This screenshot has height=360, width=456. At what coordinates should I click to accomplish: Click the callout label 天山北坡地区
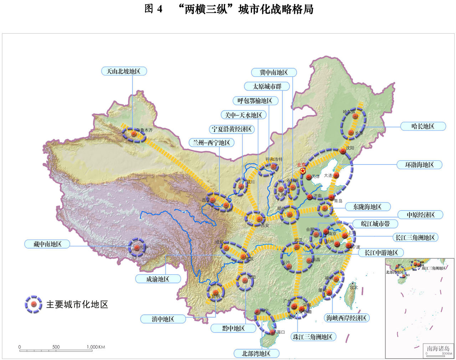pos(123,71)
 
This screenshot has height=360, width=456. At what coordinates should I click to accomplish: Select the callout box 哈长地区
pos(423,126)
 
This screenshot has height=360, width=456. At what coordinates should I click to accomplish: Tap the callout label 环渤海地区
pos(419,165)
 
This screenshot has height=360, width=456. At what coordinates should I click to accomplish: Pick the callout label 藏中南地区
pos(47,244)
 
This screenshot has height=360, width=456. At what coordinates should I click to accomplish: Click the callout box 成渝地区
pos(158,279)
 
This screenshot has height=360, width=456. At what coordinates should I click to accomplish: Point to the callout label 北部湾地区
pos(256,354)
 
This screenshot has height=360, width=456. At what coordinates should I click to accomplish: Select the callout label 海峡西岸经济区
pos(346,318)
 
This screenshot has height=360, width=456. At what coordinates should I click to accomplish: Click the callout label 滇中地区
pos(163,319)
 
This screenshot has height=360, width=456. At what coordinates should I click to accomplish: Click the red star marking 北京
pos(303,171)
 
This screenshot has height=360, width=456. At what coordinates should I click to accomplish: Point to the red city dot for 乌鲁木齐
pos(134,133)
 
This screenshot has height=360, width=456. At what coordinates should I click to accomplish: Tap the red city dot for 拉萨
pos(137,247)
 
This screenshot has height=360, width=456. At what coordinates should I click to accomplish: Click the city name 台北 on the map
pos(353,287)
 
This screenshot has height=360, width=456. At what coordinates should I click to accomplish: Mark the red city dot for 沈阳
pos(343,151)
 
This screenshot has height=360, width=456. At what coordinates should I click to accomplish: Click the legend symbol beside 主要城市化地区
pos(34,304)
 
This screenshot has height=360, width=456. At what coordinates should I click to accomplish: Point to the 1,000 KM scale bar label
pos(96,347)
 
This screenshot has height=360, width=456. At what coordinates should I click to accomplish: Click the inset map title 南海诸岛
pos(438,349)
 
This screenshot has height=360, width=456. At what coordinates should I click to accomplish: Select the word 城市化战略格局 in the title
pos(276,9)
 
